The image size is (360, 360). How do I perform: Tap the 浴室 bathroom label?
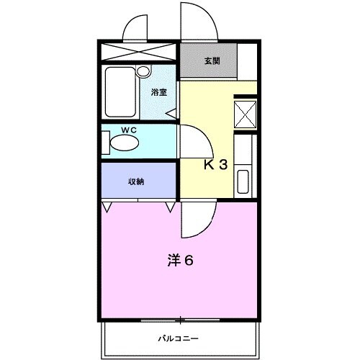tap(158, 92)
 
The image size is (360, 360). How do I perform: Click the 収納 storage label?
tap(136, 181)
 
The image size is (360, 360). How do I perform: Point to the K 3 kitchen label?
tap(215, 164)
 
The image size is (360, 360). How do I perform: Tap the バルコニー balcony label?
tap(179, 337)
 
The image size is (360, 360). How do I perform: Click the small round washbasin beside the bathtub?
tap(143, 72)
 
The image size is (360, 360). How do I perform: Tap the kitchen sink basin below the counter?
tap(243, 181)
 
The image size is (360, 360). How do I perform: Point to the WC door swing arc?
tap(191, 140)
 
